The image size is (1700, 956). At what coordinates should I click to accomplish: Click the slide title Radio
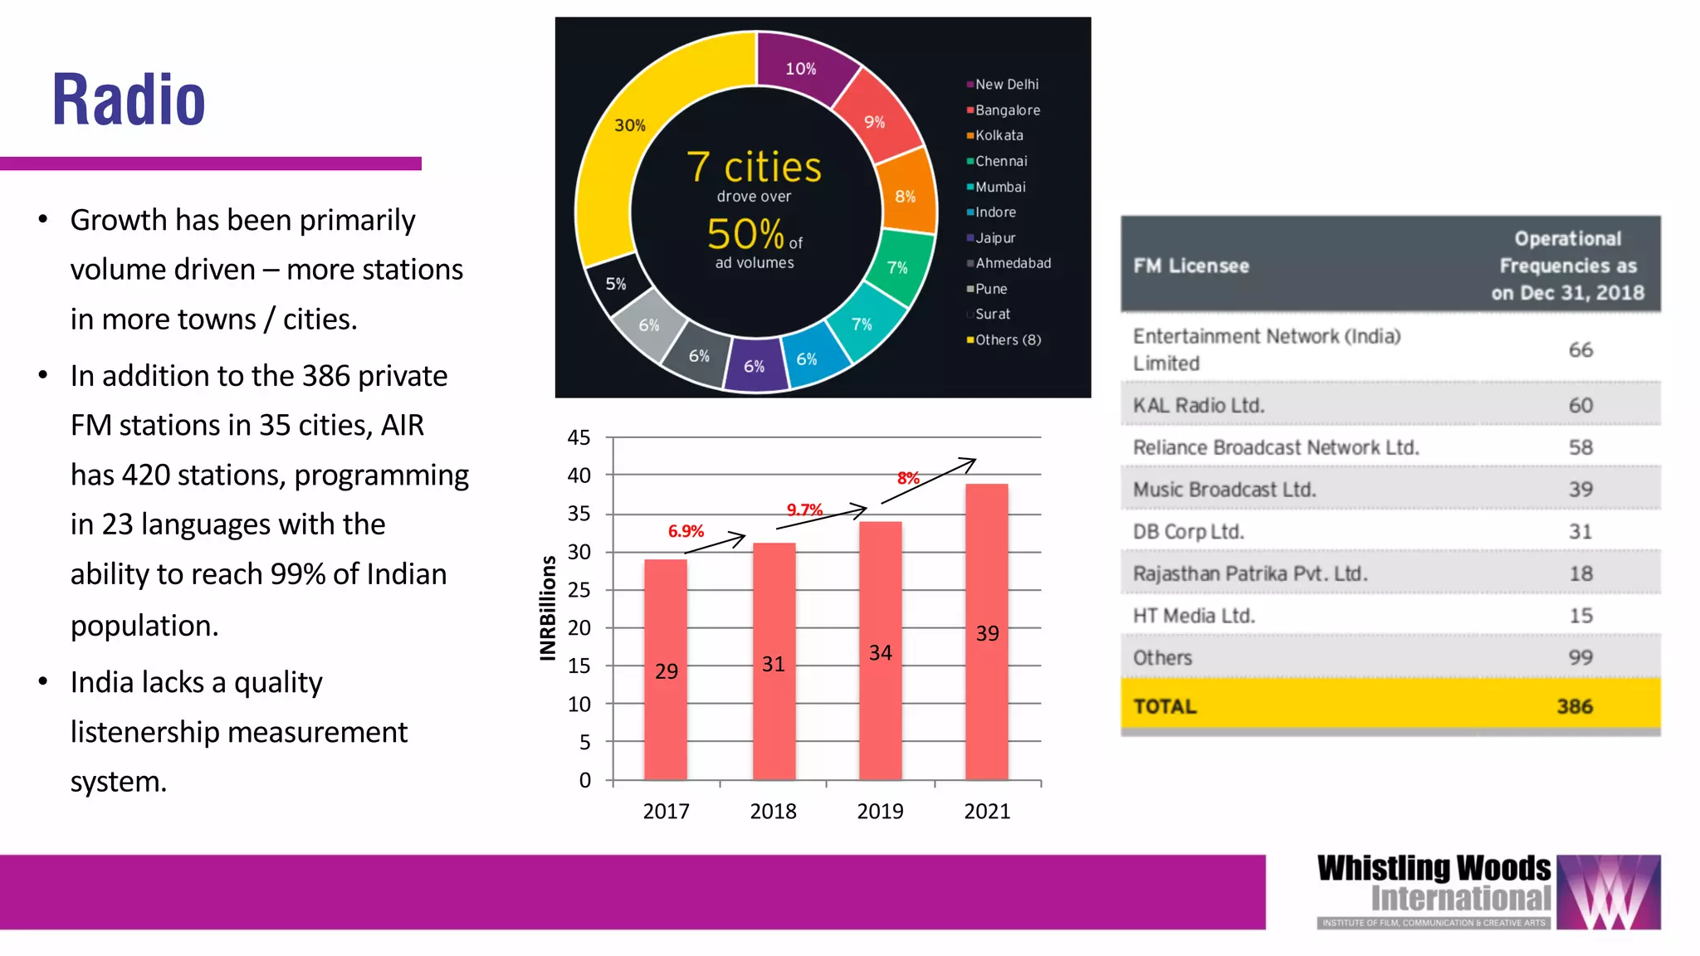coord(129,100)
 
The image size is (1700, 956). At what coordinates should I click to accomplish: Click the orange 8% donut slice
coord(906,196)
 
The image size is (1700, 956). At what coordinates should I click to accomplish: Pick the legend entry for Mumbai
coord(999,187)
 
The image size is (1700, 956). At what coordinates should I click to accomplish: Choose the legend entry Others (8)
coord(1007,339)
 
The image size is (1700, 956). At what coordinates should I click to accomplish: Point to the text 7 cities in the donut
coord(754,167)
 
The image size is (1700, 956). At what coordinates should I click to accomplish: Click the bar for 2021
coord(986,631)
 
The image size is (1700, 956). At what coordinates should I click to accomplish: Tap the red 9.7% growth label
coord(804,510)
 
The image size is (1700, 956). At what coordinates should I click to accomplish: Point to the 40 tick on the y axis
coord(579,476)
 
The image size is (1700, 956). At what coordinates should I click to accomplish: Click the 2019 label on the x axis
coord(880,811)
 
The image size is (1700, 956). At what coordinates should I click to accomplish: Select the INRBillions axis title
coord(548,607)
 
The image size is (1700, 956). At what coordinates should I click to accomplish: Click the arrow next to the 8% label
coord(930,480)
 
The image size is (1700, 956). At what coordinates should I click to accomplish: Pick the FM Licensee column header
coord(1191,266)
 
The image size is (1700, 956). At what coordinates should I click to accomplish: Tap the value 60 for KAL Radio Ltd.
coord(1580,405)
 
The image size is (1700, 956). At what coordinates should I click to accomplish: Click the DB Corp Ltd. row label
coord(1188,531)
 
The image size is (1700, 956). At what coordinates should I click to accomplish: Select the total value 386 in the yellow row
coord(1574,706)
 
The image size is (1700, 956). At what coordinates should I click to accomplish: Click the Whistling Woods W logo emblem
coord(1608,892)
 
